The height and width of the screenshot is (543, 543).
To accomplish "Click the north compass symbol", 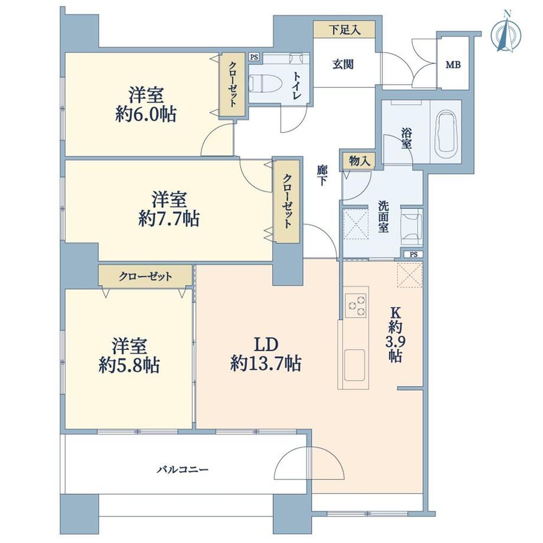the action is pos(506,35).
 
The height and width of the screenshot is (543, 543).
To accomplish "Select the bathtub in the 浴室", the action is pos(446,132).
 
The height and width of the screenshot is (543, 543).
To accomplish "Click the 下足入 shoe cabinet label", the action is pos(344,30).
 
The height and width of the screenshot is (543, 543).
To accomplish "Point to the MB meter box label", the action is pos(453,64).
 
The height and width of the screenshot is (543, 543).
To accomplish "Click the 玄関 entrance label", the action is pos(343,64).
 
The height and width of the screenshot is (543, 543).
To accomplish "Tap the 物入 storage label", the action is pos(359,161).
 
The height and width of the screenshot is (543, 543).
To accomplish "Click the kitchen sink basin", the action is pos(354,365).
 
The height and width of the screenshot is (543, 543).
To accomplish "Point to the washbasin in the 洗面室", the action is pos(412,226).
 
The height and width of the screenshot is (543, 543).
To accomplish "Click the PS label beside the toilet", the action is pos(254,57).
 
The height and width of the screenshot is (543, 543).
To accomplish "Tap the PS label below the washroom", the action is pos(414,254).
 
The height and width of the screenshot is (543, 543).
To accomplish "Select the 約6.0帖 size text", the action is pos(145,115).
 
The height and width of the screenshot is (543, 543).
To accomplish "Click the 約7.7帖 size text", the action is pos(169,218).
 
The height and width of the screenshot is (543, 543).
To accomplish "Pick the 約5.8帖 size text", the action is pos(129,365).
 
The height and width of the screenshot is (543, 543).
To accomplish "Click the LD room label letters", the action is pos(266,345).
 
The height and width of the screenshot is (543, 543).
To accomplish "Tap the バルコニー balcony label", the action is pos(182,470).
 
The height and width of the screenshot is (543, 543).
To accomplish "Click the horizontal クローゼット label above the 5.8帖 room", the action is pos(145,276).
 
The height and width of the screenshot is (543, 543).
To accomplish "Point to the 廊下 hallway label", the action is pos(322,175).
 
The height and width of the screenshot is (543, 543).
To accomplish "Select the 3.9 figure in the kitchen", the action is pos(394,342).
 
